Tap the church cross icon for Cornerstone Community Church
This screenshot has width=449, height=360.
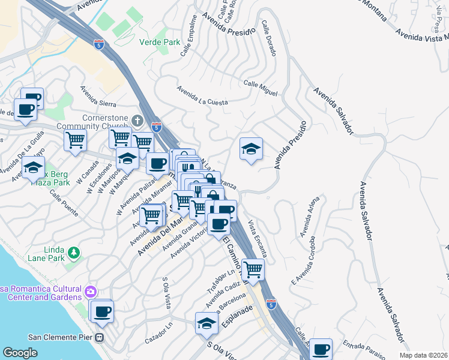click(x=137, y=121)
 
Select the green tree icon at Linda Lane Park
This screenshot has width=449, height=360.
click(x=74, y=253)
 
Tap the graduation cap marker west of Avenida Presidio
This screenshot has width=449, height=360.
click(x=251, y=148)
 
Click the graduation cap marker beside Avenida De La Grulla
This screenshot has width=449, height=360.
click(x=33, y=166)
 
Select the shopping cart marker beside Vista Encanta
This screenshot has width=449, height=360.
click(x=253, y=269)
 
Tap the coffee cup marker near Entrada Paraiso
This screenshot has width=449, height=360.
click(x=321, y=348)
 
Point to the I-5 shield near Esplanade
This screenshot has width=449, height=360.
click(x=271, y=304)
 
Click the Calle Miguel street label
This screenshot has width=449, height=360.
click(x=261, y=88)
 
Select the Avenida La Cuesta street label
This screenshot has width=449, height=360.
click(x=202, y=96)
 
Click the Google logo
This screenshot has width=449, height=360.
click(x=20, y=353)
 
